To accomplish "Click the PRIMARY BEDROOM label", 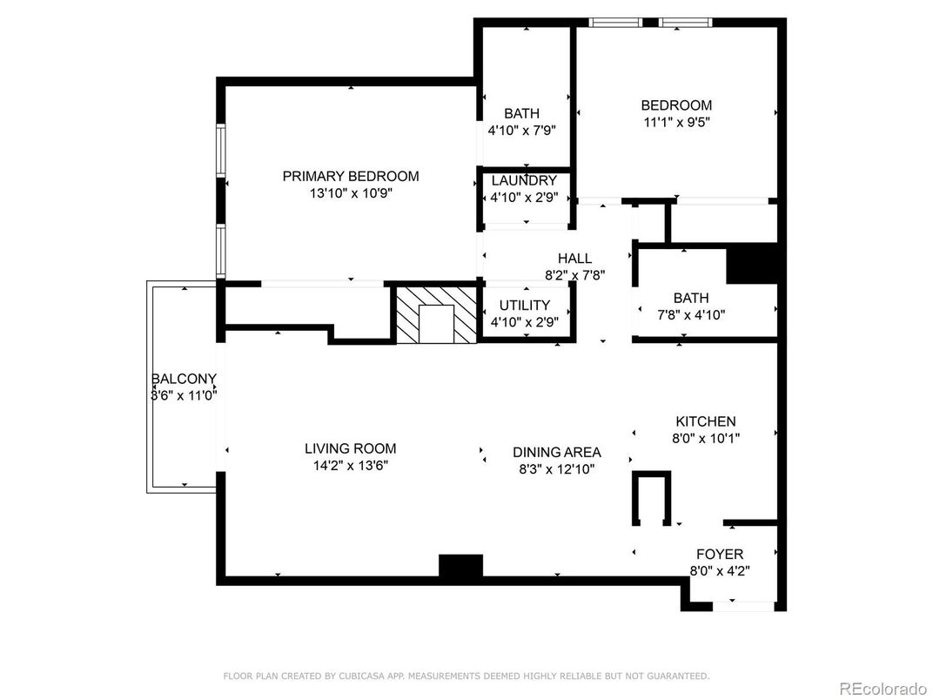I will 350,176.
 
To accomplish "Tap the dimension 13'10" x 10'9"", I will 350,193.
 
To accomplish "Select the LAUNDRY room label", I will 524,180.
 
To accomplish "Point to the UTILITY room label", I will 524,305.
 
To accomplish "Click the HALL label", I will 574,258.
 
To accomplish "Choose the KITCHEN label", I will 705,421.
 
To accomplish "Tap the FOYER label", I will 720,555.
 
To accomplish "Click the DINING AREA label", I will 556,452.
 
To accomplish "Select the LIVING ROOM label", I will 350,448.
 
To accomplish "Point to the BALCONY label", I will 184,379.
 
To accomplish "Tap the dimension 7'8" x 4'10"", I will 690,315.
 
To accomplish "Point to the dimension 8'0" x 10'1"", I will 705,439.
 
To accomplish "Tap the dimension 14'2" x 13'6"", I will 350,466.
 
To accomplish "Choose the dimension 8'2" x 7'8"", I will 574,274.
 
